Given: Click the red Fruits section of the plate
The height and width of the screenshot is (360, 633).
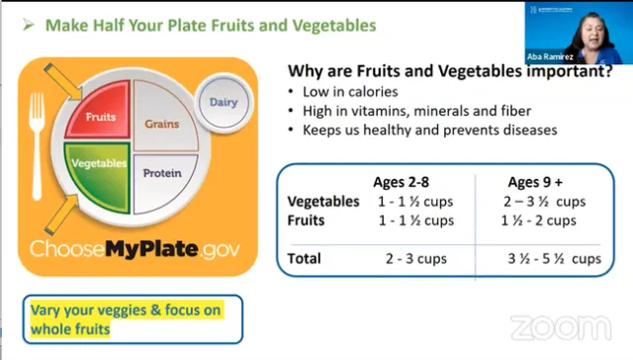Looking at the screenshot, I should click(x=100, y=116).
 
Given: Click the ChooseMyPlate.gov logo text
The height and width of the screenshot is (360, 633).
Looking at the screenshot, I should click(x=135, y=248).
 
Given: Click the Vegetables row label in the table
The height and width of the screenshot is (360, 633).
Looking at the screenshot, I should click(x=323, y=201).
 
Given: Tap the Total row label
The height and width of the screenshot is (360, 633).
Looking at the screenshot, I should click(x=304, y=258).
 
